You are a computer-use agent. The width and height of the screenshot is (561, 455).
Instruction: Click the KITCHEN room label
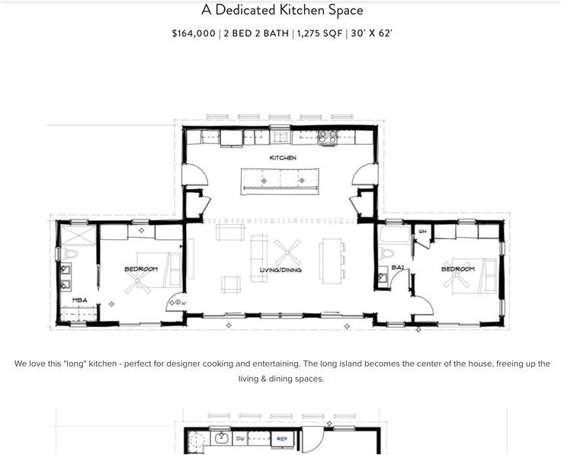click(x=283, y=158)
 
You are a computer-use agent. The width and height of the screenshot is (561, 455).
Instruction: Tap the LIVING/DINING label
click(x=280, y=270)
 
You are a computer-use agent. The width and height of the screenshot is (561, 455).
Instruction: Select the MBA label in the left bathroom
click(x=79, y=300)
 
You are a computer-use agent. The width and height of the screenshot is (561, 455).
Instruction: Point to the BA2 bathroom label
click(x=398, y=268)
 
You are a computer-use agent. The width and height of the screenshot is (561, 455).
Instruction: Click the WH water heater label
click(x=422, y=231)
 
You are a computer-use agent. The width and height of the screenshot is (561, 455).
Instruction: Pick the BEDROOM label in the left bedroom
click(x=141, y=269)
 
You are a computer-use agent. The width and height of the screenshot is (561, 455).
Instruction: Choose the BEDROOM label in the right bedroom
click(x=457, y=269)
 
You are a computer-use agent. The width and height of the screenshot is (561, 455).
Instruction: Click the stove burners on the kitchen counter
click(x=327, y=136)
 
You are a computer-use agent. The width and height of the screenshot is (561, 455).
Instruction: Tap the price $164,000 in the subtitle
click(x=194, y=34)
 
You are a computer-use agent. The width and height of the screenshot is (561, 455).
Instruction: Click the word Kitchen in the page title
click(x=304, y=10)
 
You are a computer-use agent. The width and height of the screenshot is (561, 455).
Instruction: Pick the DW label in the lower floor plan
click(x=240, y=439)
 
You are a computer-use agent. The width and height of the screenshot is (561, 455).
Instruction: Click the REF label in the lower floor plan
click(x=282, y=439)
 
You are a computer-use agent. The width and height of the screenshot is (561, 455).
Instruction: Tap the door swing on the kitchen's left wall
click(x=196, y=173)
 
